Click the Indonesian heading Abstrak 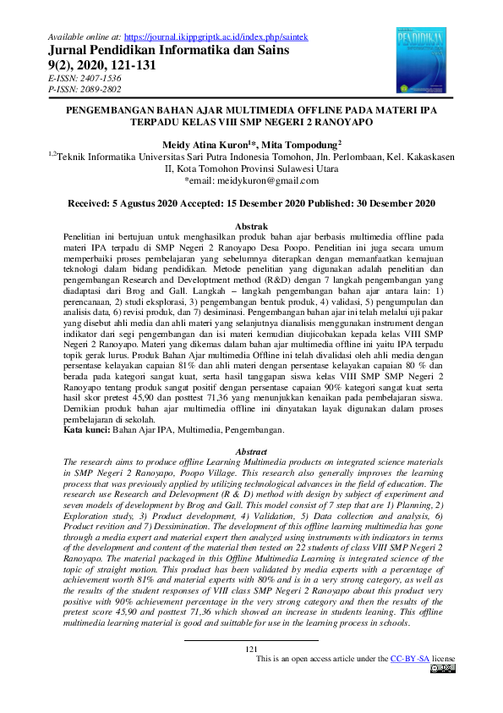coord(251,227)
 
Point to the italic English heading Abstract coord(251,452)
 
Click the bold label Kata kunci coord(87,430)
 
